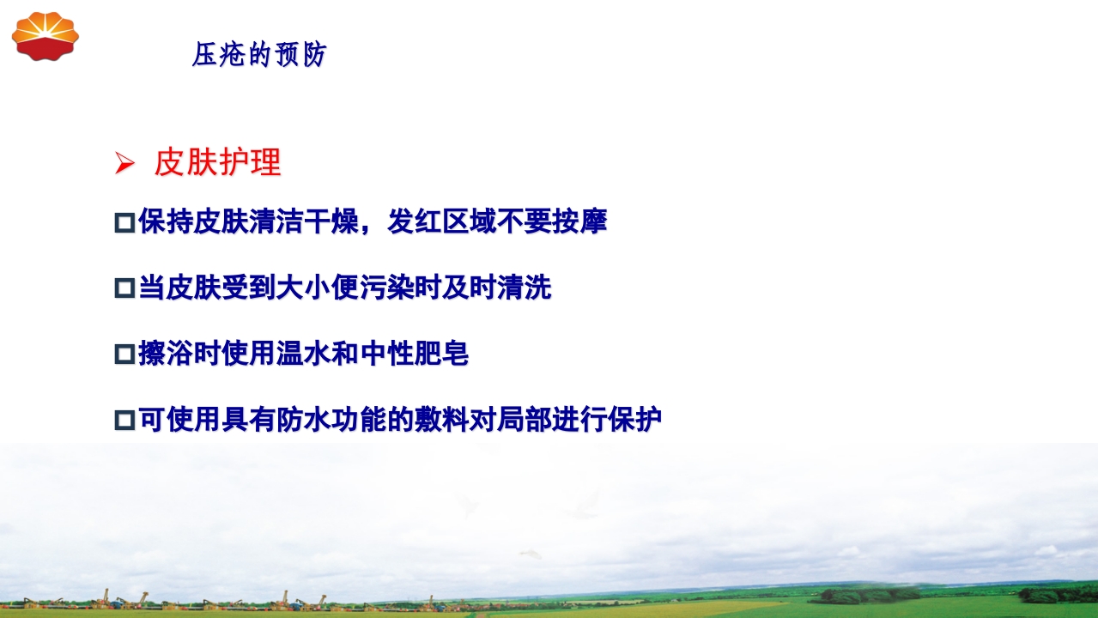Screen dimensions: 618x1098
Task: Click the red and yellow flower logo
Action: (x=45, y=35)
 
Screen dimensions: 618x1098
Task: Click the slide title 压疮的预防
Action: (x=259, y=56)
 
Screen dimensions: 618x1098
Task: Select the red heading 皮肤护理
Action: (x=217, y=162)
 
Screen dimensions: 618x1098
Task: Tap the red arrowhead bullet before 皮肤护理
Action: (x=124, y=162)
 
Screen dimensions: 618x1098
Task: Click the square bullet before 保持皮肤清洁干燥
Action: (x=124, y=223)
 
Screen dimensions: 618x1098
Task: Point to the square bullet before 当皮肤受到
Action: (x=124, y=288)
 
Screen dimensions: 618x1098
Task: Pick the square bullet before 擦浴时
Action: (x=124, y=354)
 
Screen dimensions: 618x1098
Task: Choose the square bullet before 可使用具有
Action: (x=124, y=420)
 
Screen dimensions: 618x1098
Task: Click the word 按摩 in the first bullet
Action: (x=579, y=221)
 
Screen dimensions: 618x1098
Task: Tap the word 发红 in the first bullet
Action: (x=415, y=221)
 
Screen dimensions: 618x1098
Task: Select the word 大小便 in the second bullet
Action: (x=317, y=288)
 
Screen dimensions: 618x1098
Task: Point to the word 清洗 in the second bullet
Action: (x=524, y=288)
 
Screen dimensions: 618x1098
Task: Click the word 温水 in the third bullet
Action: (x=303, y=353)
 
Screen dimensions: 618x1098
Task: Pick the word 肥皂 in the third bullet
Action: (x=441, y=353)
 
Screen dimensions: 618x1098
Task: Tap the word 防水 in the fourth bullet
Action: (x=303, y=419)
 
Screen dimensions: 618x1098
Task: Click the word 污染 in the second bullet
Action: (x=385, y=288)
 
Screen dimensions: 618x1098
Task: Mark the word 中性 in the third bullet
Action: (x=385, y=353)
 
